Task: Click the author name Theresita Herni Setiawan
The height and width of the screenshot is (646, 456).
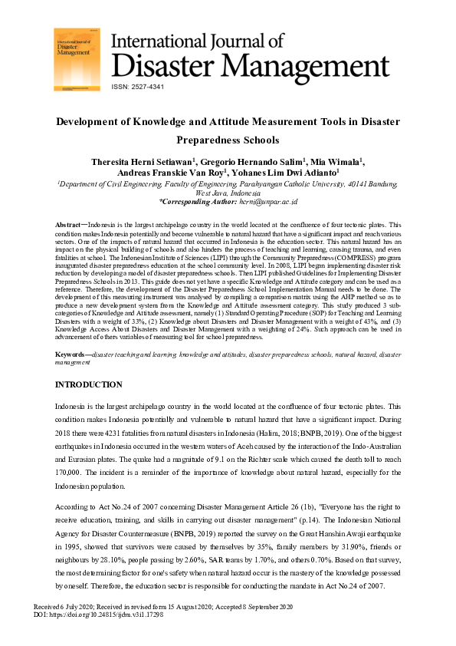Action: pos(143,161)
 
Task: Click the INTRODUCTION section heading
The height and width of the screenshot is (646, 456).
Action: pos(88,384)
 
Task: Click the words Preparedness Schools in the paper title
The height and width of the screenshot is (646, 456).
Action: pos(228,141)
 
